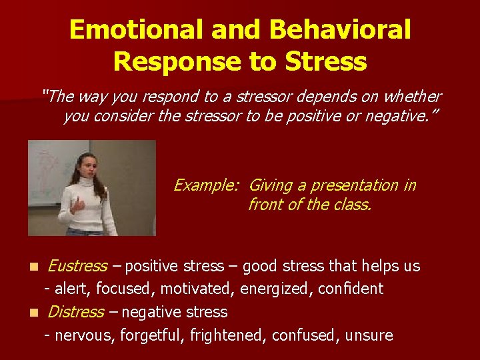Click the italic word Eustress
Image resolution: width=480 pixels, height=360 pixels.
pos(77,267)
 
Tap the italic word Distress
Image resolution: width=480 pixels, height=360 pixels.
pos(75,312)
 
